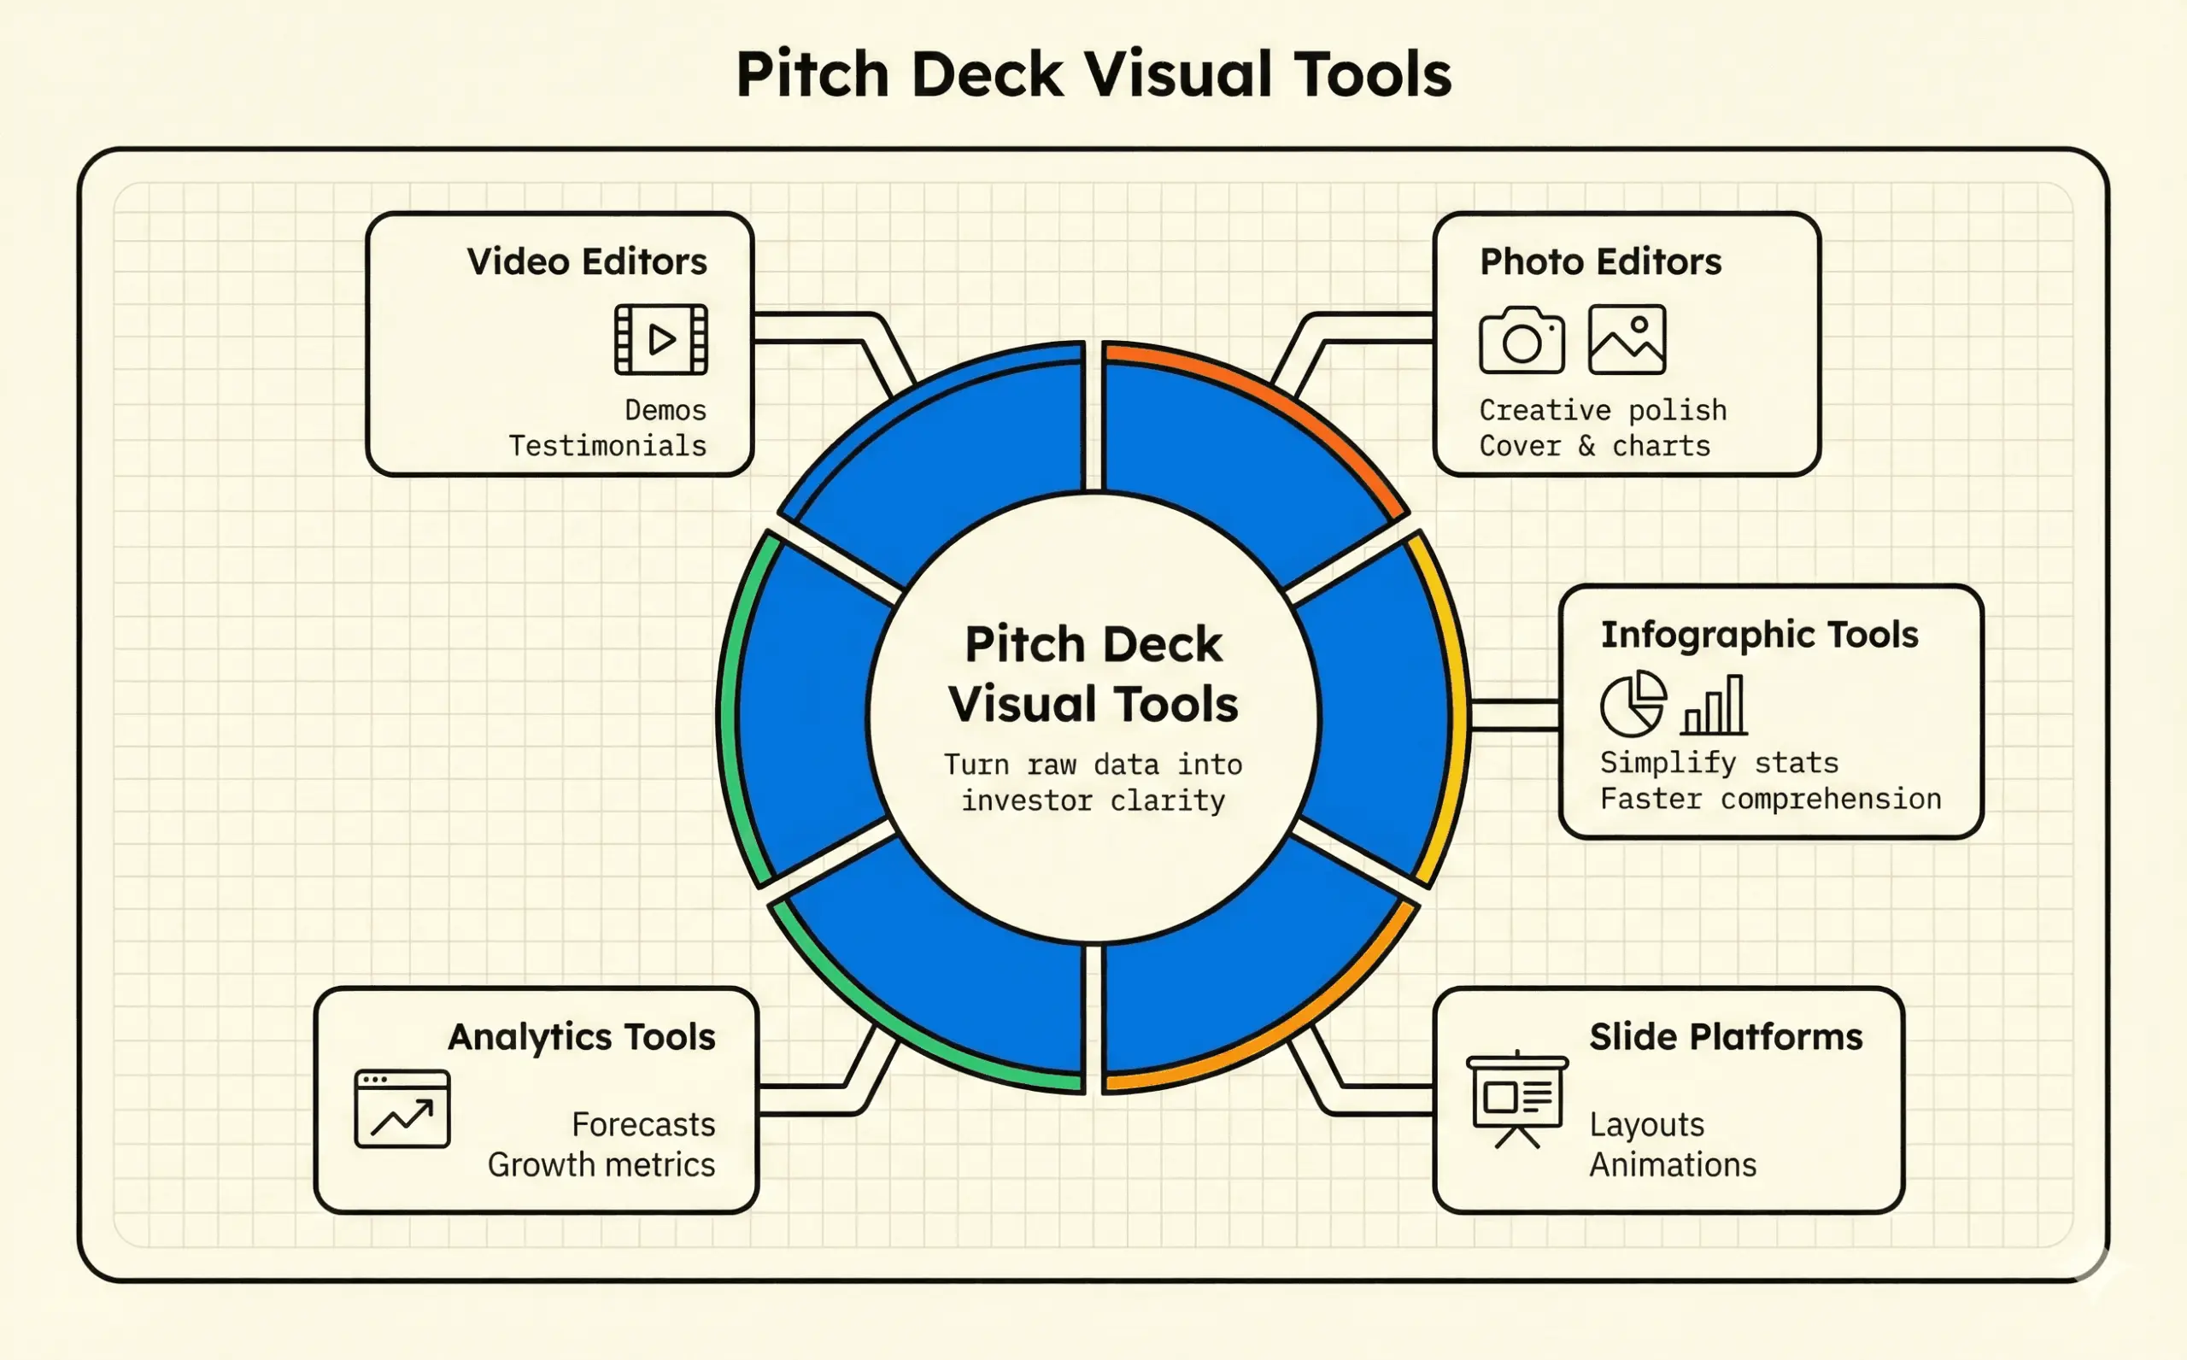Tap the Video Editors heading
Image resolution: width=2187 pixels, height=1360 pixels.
[586, 261]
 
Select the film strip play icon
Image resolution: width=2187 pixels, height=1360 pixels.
[661, 339]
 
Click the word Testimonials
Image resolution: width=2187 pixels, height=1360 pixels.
[607, 446]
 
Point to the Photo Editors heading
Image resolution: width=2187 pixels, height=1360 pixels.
[1601, 261]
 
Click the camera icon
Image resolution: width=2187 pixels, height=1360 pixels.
[1522, 340]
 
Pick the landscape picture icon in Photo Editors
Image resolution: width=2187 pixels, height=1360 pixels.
[1627, 339]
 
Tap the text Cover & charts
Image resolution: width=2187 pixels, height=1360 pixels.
[1594, 446]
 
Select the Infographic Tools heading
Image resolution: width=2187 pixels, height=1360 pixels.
[1759, 634]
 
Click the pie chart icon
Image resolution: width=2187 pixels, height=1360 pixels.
[1633, 703]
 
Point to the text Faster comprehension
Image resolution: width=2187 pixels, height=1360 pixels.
[1770, 799]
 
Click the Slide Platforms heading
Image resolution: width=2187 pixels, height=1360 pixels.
[1726, 1036]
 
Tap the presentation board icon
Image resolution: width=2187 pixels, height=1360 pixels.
[1517, 1099]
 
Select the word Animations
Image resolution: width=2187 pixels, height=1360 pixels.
[1673, 1165]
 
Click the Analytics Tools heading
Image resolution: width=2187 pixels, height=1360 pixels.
[582, 1036]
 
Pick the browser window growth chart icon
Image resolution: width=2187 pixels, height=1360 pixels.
[402, 1109]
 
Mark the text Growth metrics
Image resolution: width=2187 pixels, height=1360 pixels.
[601, 1165]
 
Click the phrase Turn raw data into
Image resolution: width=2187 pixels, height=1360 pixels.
[1093, 765]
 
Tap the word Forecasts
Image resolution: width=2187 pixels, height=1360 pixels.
[643, 1124]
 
